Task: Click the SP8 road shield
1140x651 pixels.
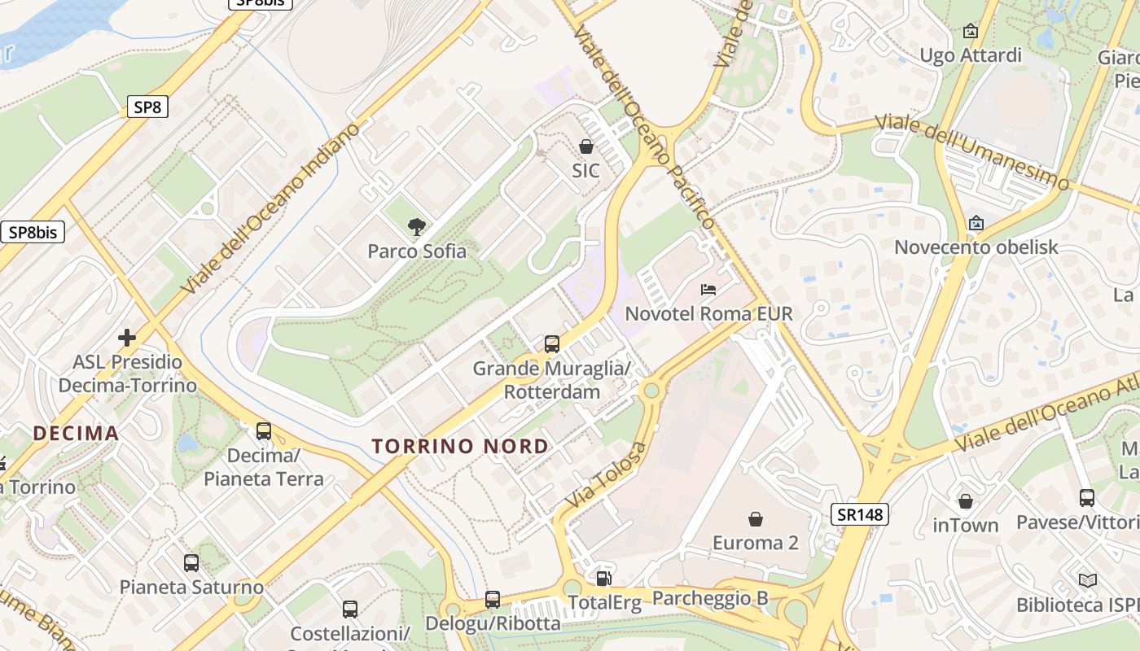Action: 147,107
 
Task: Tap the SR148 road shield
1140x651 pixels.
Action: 860,513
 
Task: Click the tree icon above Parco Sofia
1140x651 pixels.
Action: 417,227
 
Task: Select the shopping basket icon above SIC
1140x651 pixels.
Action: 585,146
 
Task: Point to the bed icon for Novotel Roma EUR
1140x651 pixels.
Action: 708,290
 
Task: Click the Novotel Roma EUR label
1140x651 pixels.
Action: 708,313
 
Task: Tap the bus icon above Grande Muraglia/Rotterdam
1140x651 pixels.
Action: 552,344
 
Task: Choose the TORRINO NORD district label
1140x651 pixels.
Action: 461,446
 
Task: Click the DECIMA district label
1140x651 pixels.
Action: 77,433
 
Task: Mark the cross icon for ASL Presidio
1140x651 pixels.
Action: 127,337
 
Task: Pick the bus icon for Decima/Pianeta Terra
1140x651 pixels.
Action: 264,431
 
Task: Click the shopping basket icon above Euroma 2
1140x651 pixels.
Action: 756,518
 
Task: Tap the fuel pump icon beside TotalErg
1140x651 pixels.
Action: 603,578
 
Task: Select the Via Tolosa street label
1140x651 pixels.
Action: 607,476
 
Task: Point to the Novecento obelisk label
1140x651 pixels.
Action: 976,247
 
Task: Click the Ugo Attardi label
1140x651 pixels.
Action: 970,55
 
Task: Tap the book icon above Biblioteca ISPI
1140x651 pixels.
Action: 1087,580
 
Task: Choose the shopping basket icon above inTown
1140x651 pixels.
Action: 966,501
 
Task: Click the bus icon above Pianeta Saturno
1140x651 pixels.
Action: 191,562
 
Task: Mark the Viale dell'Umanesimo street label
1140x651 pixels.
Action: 971,152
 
